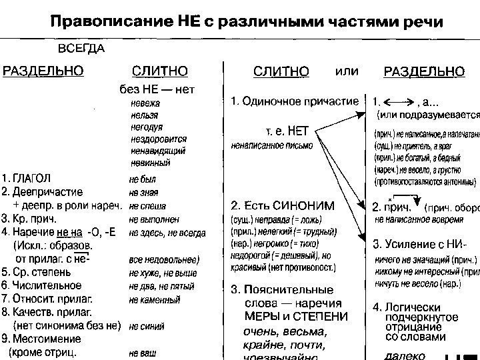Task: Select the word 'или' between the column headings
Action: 345,70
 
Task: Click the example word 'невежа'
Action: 145,103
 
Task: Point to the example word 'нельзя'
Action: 144,115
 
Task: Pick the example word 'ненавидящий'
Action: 157,151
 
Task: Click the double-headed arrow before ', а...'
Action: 400,102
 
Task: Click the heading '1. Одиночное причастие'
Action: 294,101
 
